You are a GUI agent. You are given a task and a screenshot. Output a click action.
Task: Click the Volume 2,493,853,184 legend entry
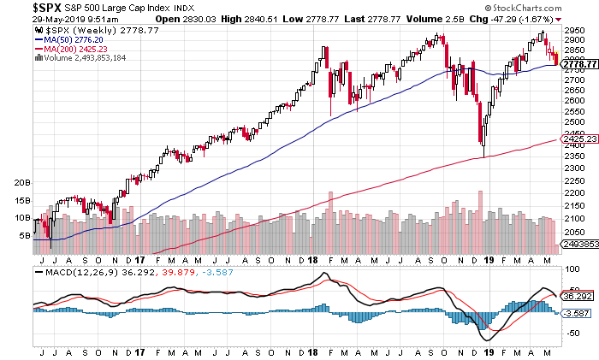click(89, 58)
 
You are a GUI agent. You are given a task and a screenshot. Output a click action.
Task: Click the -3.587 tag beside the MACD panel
click(578, 313)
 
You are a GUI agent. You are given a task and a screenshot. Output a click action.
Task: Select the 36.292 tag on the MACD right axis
click(578, 296)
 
